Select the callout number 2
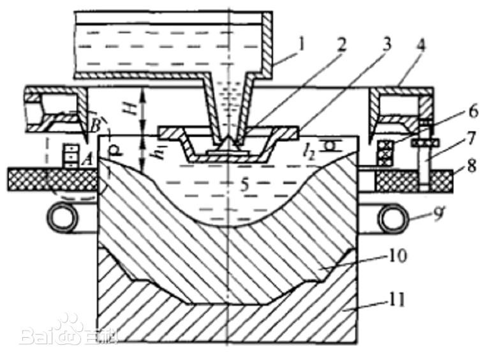(x=342, y=45)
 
